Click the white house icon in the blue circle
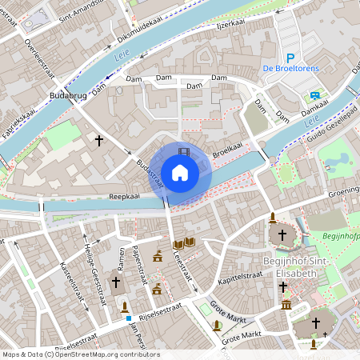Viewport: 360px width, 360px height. pyautogui.click(x=180, y=172)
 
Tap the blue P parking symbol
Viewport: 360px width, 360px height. pyautogui.click(x=291, y=58)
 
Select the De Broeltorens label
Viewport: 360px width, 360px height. pyautogui.click(x=291, y=69)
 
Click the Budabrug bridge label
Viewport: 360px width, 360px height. pyautogui.click(x=67, y=96)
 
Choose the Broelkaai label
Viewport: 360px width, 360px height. pyautogui.click(x=227, y=149)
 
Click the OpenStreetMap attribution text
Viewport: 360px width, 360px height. pyautogui.click(x=80, y=354)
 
